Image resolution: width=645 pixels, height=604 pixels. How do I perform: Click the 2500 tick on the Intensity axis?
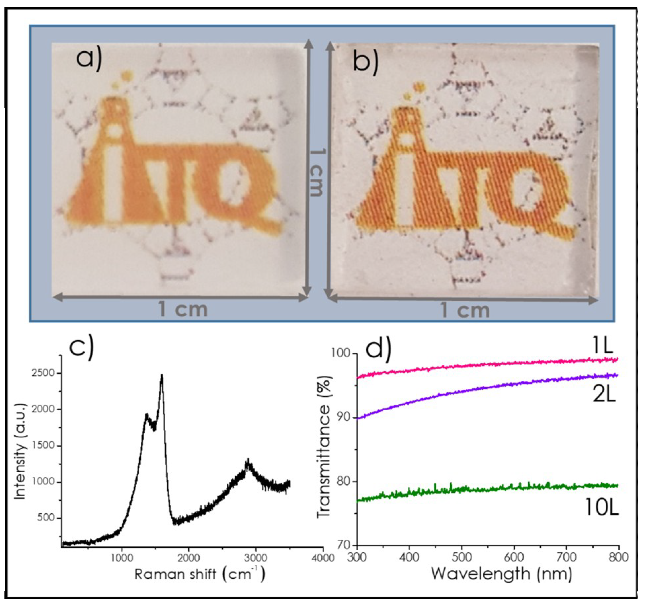pyautogui.click(x=44, y=373)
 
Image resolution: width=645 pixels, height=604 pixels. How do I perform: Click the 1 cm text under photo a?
pyautogui.click(x=183, y=310)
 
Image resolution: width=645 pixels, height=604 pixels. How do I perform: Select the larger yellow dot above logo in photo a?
pyautogui.click(x=126, y=76)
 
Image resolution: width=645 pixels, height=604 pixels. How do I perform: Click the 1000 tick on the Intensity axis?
pyautogui.click(x=44, y=482)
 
